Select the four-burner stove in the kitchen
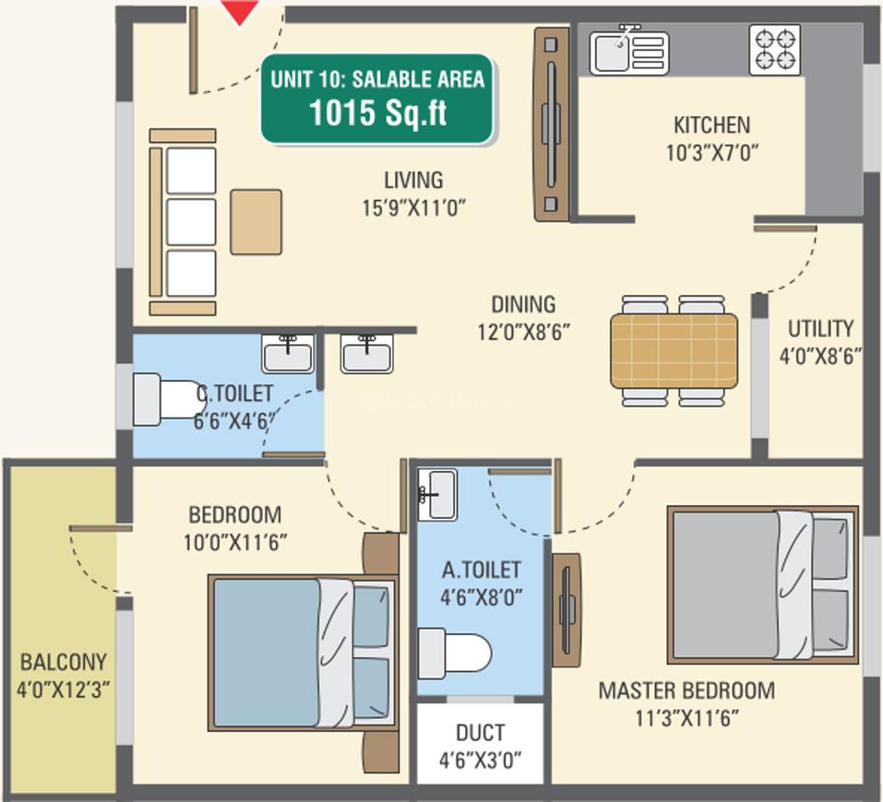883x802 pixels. coord(775,50)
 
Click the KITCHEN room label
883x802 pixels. coord(711,125)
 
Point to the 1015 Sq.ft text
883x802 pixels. coord(378,112)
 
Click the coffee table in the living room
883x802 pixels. coord(256,222)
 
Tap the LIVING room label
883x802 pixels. coord(413,180)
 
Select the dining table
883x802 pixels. coord(674,351)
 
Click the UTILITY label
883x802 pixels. coord(820,329)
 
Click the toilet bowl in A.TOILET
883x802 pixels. coord(455,655)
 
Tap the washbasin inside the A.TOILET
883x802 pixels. coord(437,494)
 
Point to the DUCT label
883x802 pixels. coord(480,733)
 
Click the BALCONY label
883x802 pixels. coord(63,662)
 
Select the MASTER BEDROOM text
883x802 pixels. coord(686,690)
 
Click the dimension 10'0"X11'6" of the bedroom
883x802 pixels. coord(235,543)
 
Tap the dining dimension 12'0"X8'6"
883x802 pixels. coord(524,332)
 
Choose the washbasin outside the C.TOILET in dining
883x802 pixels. coord(366,353)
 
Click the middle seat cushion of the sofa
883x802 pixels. coord(191,222)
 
